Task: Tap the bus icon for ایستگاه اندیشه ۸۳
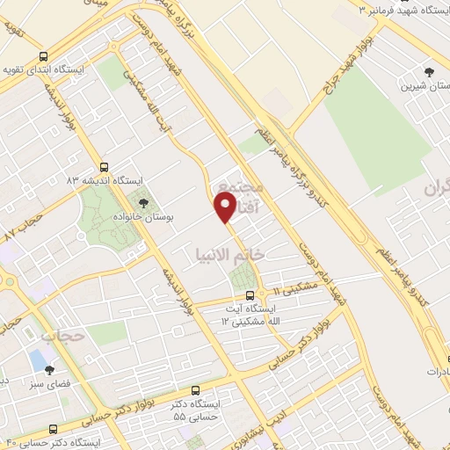pyautogui.click(x=105, y=165)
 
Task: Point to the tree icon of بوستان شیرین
pyautogui.click(x=428, y=72)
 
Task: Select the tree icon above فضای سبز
pyautogui.click(x=49, y=370)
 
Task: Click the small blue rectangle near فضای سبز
pyautogui.click(x=34, y=359)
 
